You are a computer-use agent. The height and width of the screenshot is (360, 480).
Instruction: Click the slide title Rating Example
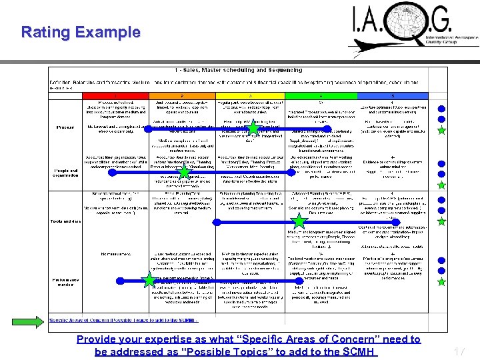click(81, 32)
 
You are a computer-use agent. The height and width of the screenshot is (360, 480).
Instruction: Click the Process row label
click(66, 127)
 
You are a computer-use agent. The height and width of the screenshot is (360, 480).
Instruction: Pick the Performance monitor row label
click(65, 281)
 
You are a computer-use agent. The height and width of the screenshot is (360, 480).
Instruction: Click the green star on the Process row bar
click(253, 127)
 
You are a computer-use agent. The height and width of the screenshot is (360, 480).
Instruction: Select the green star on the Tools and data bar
click(299, 221)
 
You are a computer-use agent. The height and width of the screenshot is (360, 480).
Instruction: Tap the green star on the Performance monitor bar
click(149, 280)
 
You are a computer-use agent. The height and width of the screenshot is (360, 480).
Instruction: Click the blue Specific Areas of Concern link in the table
click(124, 321)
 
